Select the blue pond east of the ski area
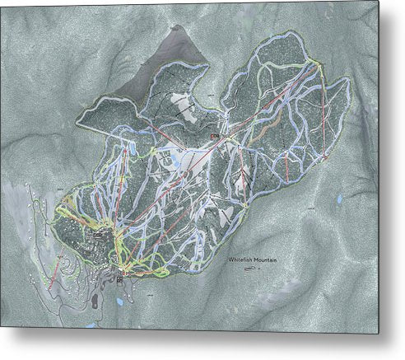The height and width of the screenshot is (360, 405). coord(338,199)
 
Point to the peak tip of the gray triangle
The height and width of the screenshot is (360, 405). coord(175,27)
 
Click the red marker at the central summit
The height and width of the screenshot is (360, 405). coord(212,136)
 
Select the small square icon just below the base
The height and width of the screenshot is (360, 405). coord(120,279)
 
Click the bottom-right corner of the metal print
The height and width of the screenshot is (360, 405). coord(379,333)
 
